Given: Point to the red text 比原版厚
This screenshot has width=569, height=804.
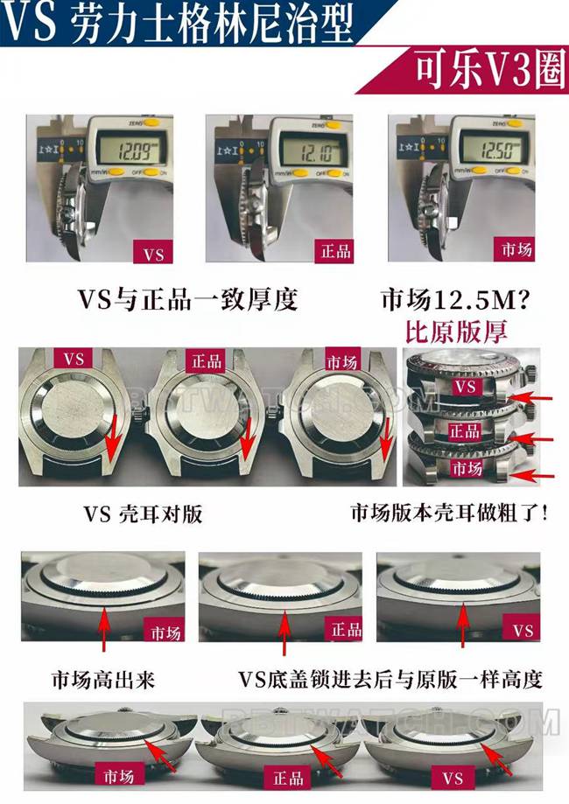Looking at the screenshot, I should click(x=455, y=332).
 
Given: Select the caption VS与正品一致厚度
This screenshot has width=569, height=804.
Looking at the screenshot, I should click(x=188, y=299).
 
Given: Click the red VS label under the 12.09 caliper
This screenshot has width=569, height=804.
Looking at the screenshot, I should click(x=153, y=255).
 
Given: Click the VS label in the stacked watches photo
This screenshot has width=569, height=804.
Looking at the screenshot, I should click(x=467, y=385).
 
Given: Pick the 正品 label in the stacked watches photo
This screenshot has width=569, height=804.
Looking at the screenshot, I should click(x=464, y=431).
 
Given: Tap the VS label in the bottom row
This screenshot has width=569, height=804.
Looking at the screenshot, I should click(x=452, y=778).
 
